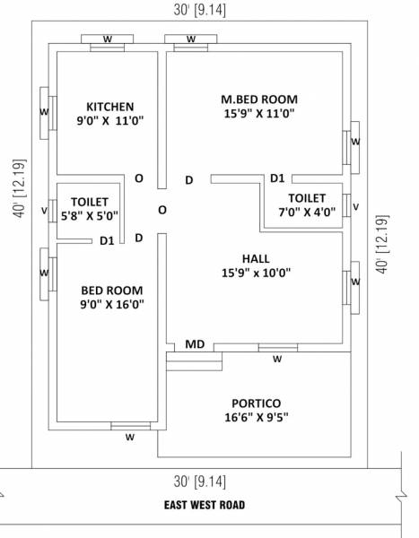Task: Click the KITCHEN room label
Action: [111, 106]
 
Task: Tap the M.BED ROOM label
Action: [259, 99]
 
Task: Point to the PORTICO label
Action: [256, 403]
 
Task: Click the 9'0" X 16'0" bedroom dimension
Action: [112, 305]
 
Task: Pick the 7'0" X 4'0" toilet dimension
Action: [306, 213]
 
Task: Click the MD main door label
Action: [195, 344]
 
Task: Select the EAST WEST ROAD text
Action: [205, 505]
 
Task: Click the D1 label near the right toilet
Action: [277, 178]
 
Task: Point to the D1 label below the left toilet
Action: [107, 240]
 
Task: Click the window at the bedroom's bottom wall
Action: [131, 426]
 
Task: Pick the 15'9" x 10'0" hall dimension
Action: [256, 273]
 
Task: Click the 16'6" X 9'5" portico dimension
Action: [256, 418]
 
